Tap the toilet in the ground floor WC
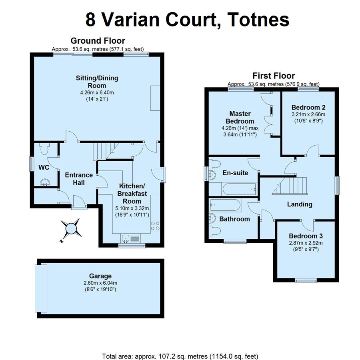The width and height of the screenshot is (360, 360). coord(44,149)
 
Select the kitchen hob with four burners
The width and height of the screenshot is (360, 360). coord(155,226)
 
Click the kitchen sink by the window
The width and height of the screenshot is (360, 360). coord(126,238)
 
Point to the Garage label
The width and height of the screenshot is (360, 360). coord(100,276)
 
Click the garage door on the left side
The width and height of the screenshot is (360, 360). coord(41,288)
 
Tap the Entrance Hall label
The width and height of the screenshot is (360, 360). coord(79,179)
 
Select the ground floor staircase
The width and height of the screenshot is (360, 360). coord(106,151)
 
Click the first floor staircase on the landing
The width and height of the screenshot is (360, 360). coord(290,186)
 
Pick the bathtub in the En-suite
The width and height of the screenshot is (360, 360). coord(240,189)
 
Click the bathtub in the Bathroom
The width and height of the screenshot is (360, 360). coord(225,204)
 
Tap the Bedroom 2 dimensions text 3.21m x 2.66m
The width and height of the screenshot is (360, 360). coord(308,114)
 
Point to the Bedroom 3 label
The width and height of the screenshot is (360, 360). coord(306,236)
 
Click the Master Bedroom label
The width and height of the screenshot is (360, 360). coord(240,117)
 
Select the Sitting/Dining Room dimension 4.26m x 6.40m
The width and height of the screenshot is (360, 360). coord(97,93)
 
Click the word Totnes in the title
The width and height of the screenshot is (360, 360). coord(258,20)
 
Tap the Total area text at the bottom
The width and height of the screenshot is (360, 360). coord(180,356)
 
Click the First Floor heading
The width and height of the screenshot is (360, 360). coord(274,76)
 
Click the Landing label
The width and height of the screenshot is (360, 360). coord(300,204)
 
